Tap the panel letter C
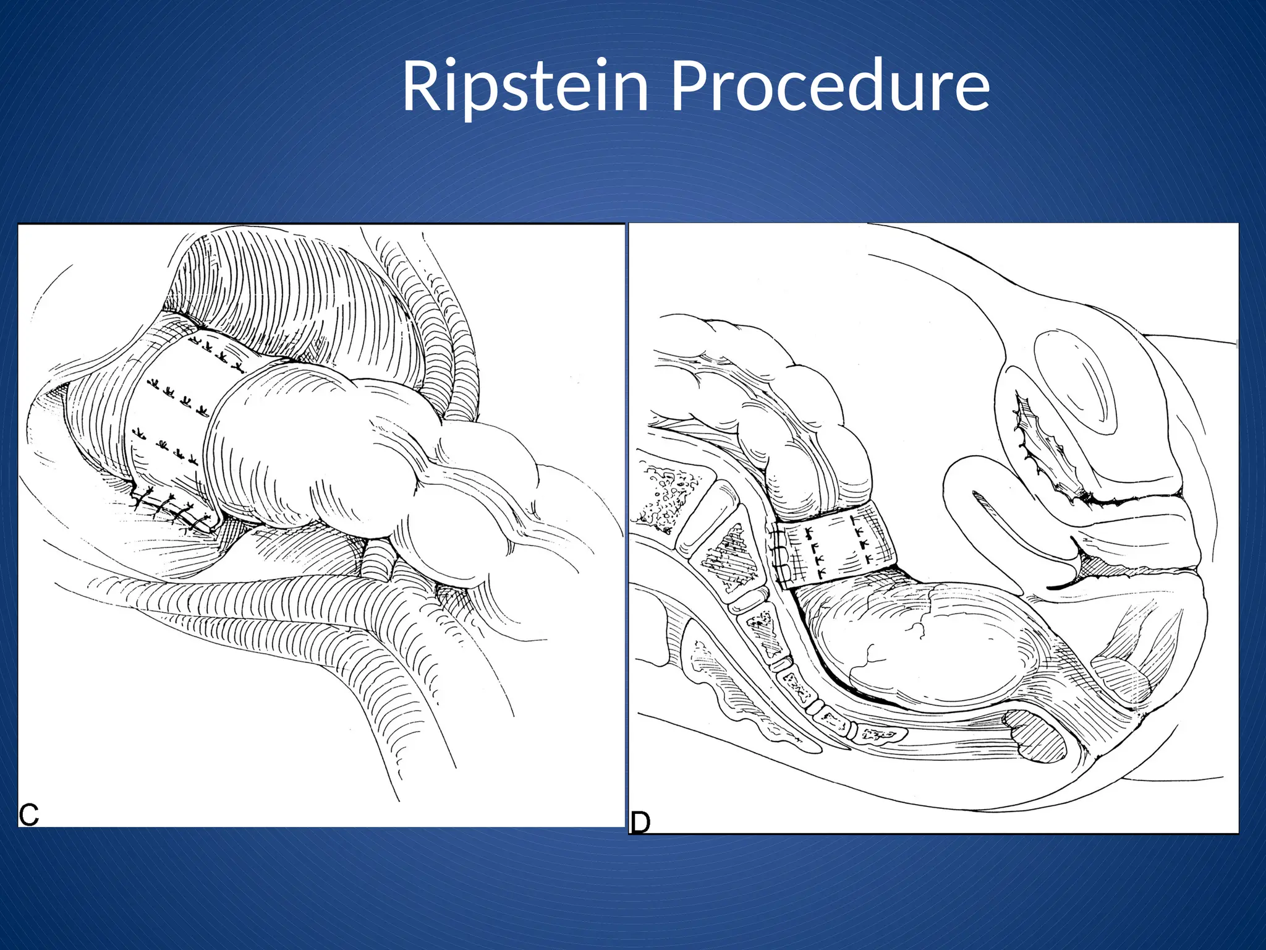tap(29, 815)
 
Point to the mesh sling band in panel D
tap(835, 544)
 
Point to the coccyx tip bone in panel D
tap(884, 735)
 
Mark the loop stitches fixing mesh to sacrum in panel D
tap(780, 554)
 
